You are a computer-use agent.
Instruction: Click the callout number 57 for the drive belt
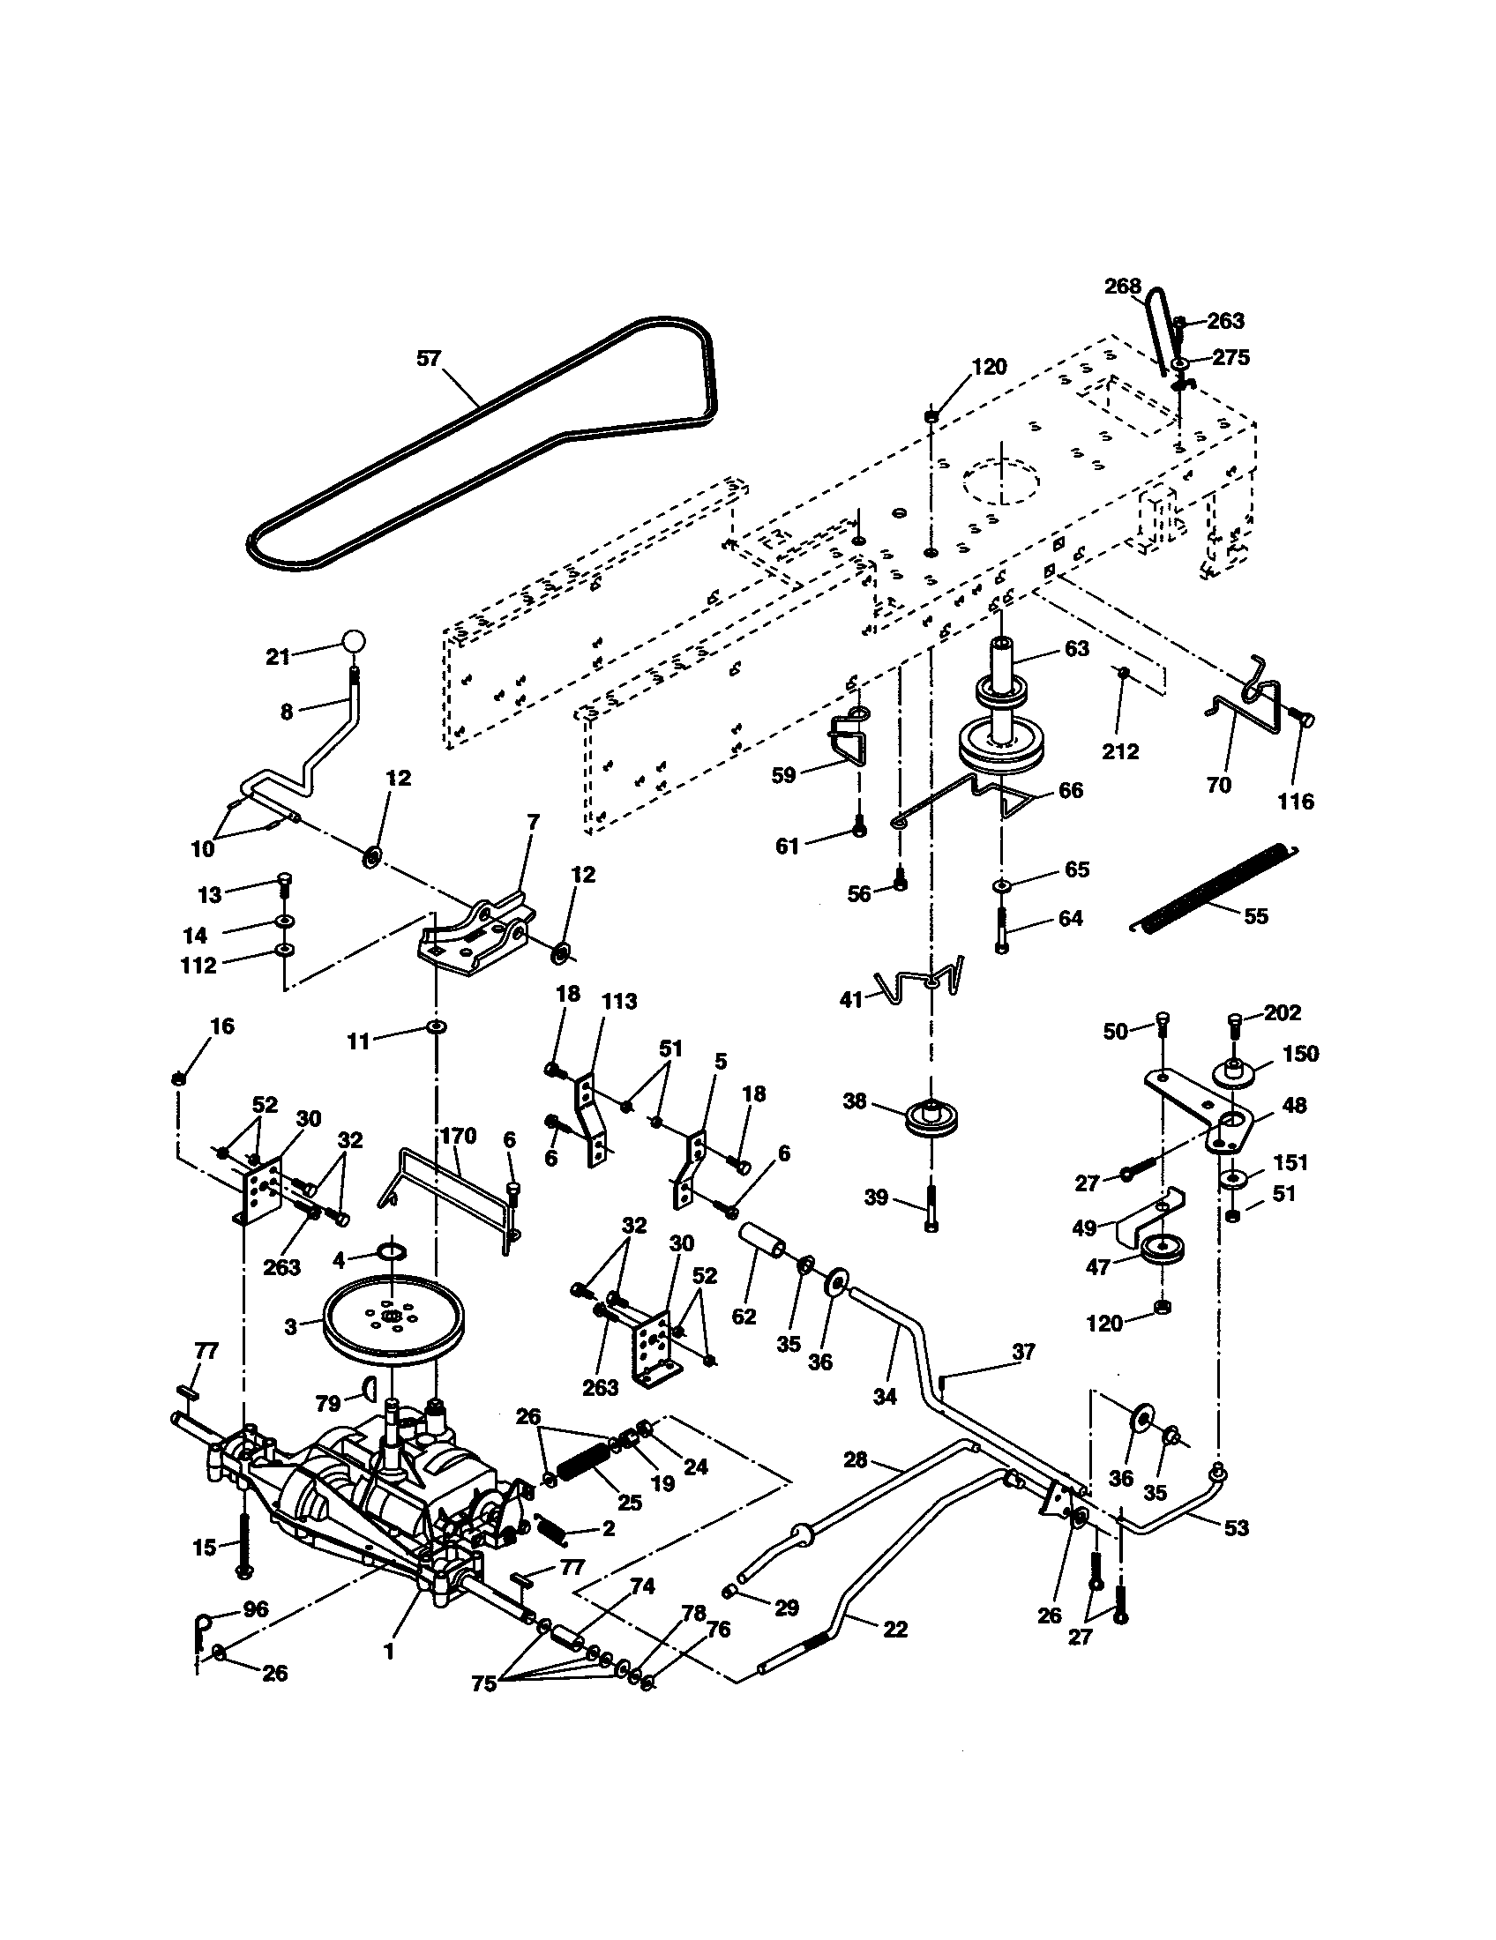coord(429,359)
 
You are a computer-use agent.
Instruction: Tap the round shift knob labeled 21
coord(354,642)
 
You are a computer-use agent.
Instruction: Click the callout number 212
coord(1120,751)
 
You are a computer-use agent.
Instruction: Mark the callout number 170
coord(459,1136)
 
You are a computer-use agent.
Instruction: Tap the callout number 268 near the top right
coord(1123,287)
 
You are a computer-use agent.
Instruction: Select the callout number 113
coord(619,1002)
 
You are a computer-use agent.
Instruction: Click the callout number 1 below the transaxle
coord(388,1653)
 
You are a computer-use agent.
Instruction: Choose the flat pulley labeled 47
coord(1157,1251)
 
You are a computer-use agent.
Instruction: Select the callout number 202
coord(1282,1012)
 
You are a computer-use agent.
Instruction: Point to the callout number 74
coord(642,1586)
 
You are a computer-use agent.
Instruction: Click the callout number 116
coord(1295,802)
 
